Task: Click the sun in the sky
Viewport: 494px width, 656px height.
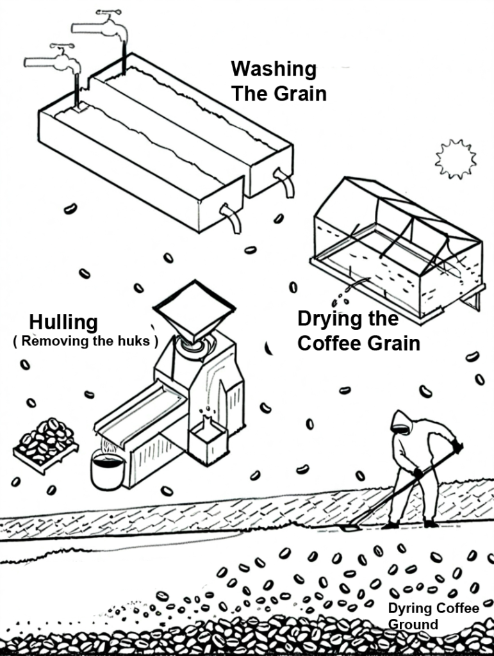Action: coord(456,159)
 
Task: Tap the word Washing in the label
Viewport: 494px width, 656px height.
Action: coord(274,69)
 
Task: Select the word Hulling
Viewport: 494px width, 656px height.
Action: coord(63,322)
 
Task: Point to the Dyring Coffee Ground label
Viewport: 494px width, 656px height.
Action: coord(433,616)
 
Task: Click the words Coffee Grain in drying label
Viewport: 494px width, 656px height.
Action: coord(359,343)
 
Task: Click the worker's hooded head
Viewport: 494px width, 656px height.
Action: coord(400,422)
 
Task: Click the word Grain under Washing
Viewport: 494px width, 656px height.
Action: coord(301,94)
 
